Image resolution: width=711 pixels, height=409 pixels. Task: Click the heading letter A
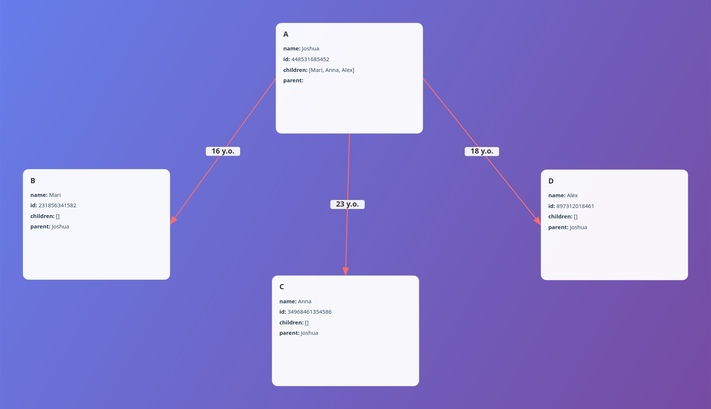pos(286,34)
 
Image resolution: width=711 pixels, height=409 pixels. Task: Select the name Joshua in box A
pos(310,49)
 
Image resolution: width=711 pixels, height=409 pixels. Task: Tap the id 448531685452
pos(310,59)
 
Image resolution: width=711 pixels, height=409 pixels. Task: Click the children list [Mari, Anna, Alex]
pos(331,70)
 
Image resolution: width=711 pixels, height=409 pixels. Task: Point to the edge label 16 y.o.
pos(223,151)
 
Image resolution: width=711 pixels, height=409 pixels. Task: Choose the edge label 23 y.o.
pos(347,204)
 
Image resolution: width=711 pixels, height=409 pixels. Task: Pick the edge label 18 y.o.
pos(482,151)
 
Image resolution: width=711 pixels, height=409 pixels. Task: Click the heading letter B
pos(33,181)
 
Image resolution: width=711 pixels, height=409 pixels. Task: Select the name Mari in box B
pos(55,195)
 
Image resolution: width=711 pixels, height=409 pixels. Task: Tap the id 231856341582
pos(57,205)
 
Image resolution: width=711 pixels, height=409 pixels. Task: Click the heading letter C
pos(282,287)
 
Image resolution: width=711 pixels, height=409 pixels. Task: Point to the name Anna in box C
pos(304,301)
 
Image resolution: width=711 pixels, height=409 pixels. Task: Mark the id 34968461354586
pos(309,312)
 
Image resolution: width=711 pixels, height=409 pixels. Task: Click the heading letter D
pos(551,181)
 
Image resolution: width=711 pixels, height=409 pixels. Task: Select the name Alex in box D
pos(572,195)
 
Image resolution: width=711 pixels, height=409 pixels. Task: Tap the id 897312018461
pos(575,206)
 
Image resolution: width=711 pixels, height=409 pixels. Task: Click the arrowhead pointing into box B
pos(173,220)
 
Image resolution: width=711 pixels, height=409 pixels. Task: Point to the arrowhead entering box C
pos(346,271)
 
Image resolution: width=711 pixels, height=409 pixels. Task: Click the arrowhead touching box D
pos(538,221)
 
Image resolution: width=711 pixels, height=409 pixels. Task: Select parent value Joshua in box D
pos(578,227)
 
